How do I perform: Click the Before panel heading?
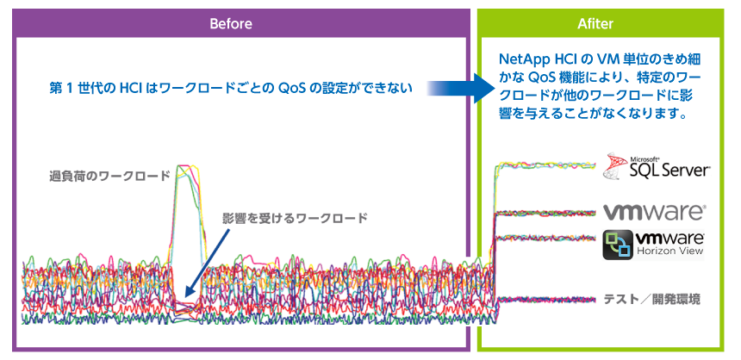pyautogui.click(x=231, y=23)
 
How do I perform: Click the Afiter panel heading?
pyautogui.click(x=595, y=23)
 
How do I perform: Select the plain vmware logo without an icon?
pyautogui.click(x=654, y=213)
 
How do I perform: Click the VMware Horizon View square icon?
pyautogui.click(x=619, y=245)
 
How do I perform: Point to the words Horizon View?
pyautogui.click(x=670, y=251)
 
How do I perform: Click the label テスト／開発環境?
pyautogui.click(x=651, y=299)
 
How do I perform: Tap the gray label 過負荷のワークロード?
pyautogui.click(x=109, y=177)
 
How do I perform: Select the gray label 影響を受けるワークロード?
pyautogui.click(x=295, y=218)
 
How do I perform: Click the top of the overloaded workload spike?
pyautogui.click(x=188, y=166)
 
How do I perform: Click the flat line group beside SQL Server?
pyautogui.click(x=545, y=165)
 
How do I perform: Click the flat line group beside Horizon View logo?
pyautogui.click(x=545, y=238)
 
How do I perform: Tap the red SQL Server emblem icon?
pyautogui.click(x=615, y=166)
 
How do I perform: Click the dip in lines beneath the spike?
pyautogui.click(x=187, y=308)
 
